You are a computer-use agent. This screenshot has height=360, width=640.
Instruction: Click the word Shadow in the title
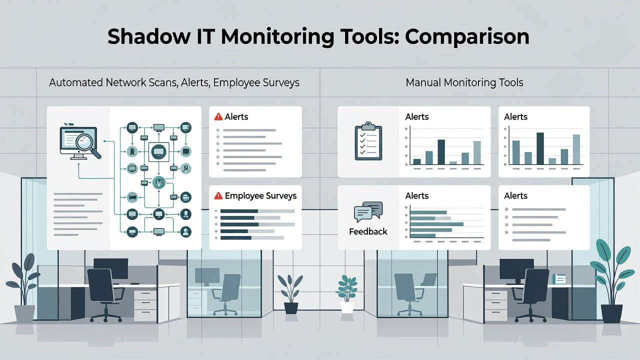149,36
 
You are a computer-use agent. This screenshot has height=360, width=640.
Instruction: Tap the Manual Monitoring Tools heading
464,82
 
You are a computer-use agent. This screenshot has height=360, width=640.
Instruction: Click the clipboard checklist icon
368,141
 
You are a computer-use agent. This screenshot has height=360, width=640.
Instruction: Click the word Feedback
368,231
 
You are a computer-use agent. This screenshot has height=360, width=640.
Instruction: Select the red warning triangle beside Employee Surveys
218,195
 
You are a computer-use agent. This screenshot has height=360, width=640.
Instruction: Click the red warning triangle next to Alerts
218,116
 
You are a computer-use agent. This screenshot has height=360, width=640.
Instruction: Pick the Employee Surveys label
260,196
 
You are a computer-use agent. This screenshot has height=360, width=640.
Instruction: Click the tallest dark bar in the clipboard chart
441,152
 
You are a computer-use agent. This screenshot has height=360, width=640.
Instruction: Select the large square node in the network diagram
159,151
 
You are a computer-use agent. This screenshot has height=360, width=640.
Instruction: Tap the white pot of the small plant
347,307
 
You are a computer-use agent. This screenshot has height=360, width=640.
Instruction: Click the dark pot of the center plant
291,308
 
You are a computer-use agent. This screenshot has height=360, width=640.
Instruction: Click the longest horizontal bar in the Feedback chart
436,224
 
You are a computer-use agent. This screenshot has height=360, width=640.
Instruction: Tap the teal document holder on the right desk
558,279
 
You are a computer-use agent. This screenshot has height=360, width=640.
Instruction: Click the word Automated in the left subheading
75,82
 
